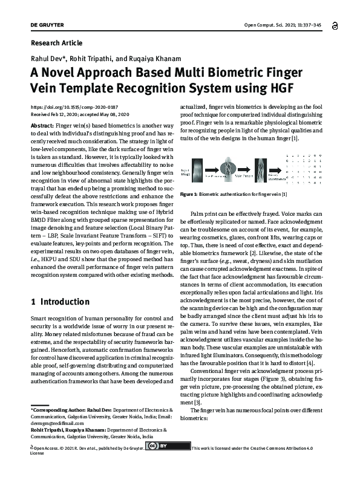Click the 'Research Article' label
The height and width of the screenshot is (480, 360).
point(56,43)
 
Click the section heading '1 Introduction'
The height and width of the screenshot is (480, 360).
point(61,300)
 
